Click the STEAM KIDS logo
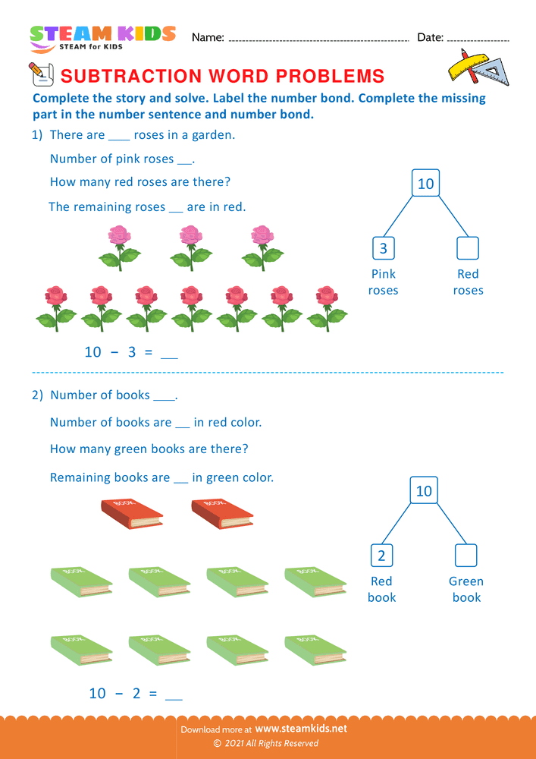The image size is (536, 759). pyautogui.click(x=102, y=37)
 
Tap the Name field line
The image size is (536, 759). pyautogui.click(x=318, y=39)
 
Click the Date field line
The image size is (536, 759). pyautogui.click(x=478, y=39)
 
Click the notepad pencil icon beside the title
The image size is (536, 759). pyautogui.click(x=39, y=74)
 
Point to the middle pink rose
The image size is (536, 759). pyautogui.click(x=191, y=247)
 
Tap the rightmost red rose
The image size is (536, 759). pyautogui.click(x=327, y=307)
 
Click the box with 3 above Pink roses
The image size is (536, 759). pyautogui.click(x=383, y=248)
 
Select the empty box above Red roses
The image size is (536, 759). pyautogui.click(x=468, y=248)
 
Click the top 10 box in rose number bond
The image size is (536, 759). pyautogui.click(x=425, y=184)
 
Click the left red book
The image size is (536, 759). pyautogui.click(x=131, y=513)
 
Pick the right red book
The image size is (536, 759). pyautogui.click(x=222, y=513)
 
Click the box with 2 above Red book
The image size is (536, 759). pyautogui.click(x=381, y=556)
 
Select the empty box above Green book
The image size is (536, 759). pyautogui.click(x=465, y=556)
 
